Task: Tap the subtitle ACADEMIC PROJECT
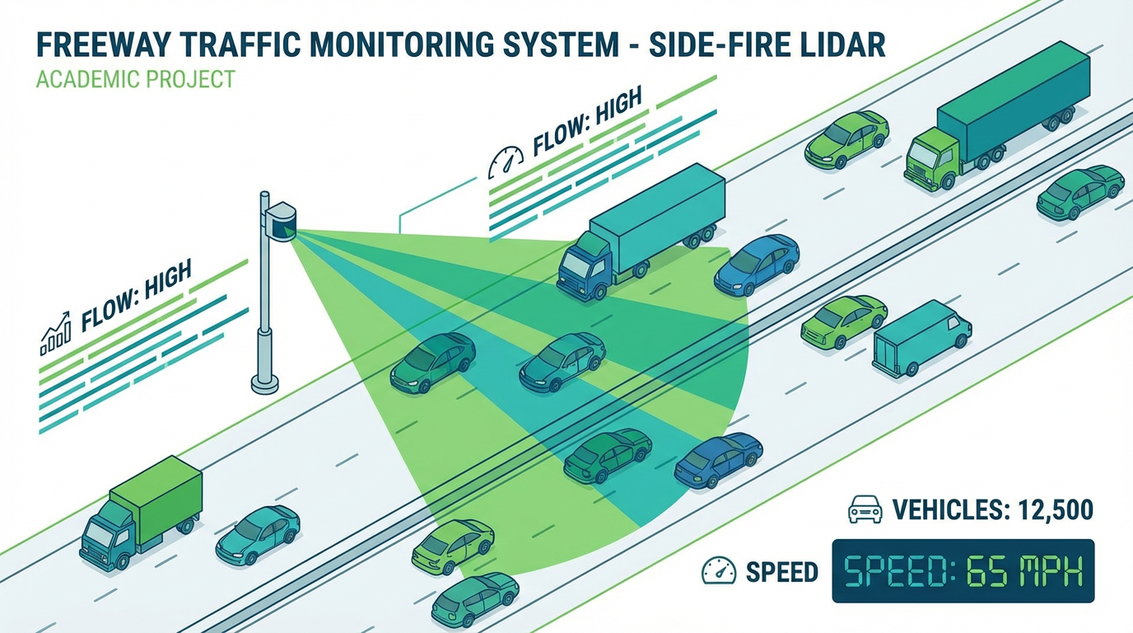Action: click(x=136, y=80)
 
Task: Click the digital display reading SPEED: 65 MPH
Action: click(x=963, y=570)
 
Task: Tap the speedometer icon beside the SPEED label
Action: click(x=718, y=570)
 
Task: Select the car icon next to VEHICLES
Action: click(x=865, y=510)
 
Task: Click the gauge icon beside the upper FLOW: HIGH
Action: click(x=506, y=162)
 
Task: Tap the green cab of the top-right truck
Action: click(x=930, y=162)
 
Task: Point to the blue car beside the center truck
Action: click(x=756, y=265)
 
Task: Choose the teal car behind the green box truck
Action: click(x=258, y=534)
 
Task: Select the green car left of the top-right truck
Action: click(x=846, y=139)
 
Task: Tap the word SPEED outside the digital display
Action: click(x=781, y=571)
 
